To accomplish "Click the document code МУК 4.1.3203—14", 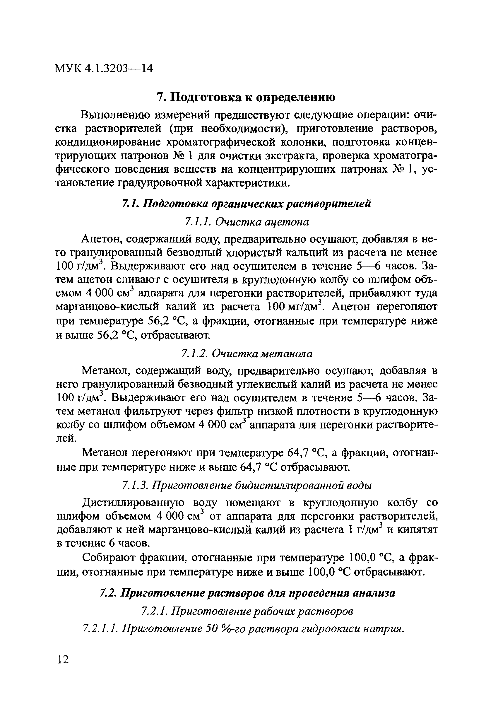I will [x=104, y=68].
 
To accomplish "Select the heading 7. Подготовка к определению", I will [x=246, y=97].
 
